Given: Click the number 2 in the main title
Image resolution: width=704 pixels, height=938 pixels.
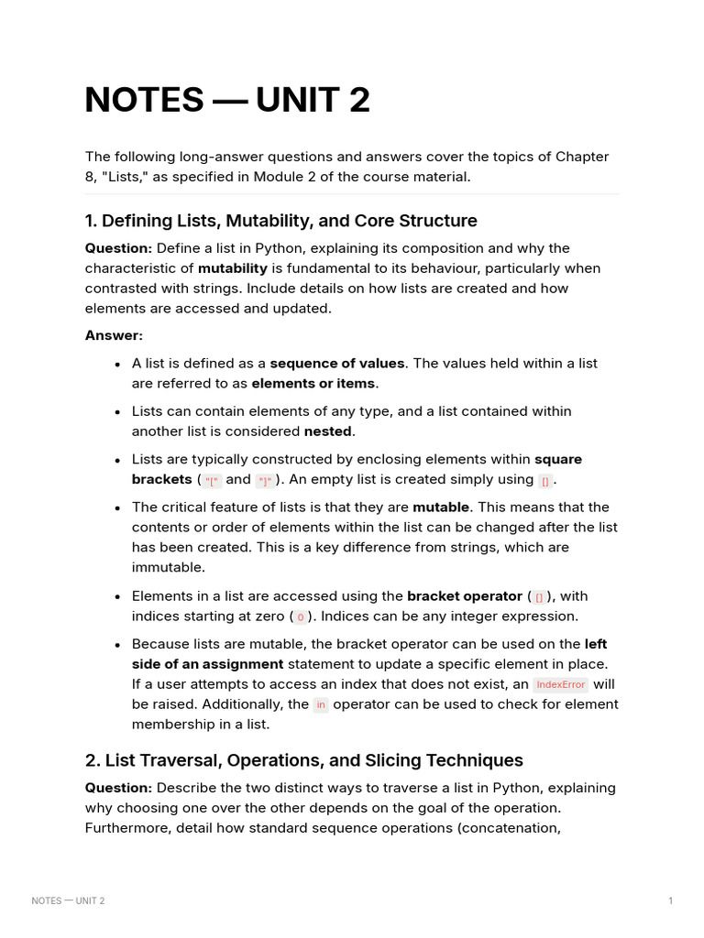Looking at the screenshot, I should [359, 100].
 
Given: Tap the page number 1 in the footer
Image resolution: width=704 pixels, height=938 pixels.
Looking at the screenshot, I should [671, 900].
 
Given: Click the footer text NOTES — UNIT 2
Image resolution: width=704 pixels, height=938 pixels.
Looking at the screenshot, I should [68, 900].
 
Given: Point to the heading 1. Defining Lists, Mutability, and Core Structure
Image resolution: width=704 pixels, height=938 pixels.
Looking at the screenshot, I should [280, 221].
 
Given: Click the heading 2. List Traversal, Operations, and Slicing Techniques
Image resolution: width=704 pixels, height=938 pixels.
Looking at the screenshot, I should [303, 760].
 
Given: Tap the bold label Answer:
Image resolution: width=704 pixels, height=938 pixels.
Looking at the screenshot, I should [114, 335].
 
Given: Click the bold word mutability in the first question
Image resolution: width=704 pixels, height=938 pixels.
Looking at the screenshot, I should [233, 268].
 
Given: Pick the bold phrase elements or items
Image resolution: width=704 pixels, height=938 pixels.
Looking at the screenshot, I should [313, 384].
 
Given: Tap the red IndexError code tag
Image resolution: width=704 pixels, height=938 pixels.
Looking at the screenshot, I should [560, 685].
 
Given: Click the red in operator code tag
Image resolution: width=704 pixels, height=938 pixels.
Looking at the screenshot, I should [321, 705].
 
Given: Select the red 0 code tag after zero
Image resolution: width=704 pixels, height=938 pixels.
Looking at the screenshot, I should [300, 617].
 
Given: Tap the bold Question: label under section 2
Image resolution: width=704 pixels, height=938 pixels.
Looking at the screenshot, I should [118, 788].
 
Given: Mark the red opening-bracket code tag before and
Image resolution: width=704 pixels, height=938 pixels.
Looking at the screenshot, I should [213, 481].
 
